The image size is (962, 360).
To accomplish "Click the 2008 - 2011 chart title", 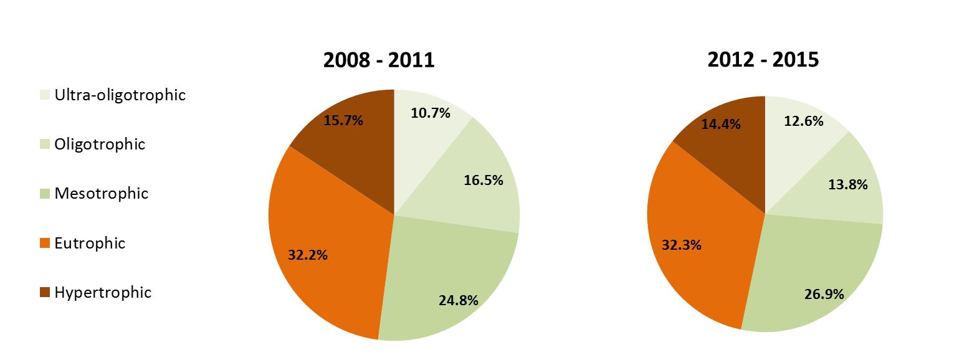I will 378,60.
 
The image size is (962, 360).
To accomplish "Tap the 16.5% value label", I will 483,181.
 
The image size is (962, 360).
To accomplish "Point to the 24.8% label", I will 458,300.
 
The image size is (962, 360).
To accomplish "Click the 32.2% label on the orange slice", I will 308,255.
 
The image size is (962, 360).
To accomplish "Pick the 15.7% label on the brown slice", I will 343,120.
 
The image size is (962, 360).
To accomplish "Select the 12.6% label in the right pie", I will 804,121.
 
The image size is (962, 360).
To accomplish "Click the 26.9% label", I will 824,293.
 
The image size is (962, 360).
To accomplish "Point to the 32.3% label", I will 682,245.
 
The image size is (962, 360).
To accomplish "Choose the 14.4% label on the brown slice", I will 720,124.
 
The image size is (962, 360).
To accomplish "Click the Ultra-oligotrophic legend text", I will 120,95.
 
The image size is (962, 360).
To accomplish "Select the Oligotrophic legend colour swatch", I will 45,145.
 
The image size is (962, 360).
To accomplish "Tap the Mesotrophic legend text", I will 102,194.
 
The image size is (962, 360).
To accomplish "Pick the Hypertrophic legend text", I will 103,293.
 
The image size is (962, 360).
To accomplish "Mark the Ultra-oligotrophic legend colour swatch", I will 45,96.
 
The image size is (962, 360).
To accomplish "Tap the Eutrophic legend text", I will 90,244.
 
